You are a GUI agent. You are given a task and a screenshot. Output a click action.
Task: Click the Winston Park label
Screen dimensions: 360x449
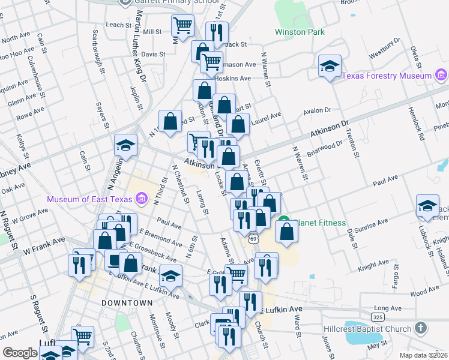(300, 32)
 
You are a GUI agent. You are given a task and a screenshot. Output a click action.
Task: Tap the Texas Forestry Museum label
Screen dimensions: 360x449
(387, 76)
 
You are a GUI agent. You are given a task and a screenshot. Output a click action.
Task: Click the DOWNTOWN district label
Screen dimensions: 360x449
(127, 303)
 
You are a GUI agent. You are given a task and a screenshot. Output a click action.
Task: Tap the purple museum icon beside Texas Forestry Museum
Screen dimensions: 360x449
(441, 76)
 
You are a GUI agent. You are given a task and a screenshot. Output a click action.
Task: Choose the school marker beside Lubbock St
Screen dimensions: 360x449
(427, 206)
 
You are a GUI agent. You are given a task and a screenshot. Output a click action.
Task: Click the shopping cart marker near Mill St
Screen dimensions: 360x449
(183, 26)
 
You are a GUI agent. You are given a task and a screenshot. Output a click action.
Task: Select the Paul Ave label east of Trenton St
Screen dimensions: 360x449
(385, 179)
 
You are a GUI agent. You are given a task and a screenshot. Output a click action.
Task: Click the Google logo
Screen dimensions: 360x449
(20, 353)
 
